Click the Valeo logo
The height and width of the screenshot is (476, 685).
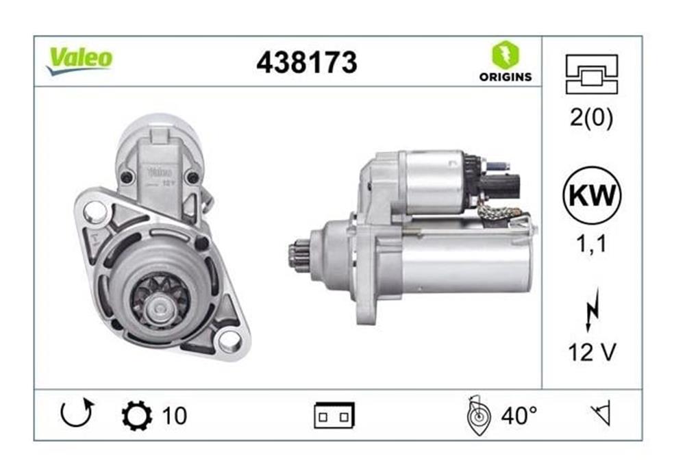80,60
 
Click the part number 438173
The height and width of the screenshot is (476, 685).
307,62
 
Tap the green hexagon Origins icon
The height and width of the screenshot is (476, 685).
506,55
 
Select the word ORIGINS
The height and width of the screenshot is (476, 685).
506,77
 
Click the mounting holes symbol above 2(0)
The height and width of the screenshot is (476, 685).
592,74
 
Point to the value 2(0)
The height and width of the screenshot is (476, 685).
592,117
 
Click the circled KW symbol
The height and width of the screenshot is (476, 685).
592,195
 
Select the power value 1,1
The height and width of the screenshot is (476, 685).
592,243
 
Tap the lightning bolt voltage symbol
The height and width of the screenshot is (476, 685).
592,310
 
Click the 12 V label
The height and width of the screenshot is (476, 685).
592,352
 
